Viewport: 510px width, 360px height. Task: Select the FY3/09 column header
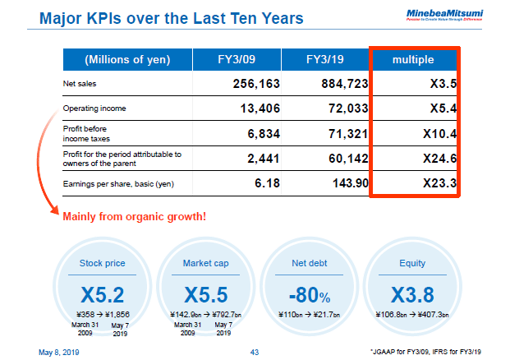237,60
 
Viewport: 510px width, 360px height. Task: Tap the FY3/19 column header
325,60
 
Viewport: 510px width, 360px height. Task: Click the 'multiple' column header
415,60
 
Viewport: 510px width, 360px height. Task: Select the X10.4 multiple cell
434,132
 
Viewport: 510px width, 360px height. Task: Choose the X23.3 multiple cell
434,182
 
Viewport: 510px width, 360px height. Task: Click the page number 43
255,352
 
